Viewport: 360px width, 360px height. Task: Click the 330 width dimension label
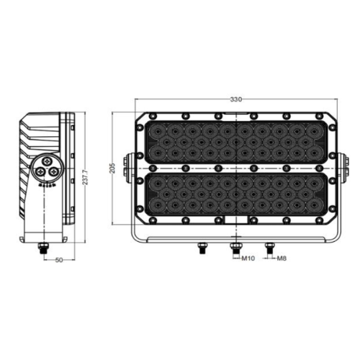236,99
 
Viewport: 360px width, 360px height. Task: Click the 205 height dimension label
112,168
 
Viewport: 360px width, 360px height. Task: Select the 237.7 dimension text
86,177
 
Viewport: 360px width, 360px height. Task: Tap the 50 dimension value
59,260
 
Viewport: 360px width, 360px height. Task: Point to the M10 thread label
248,258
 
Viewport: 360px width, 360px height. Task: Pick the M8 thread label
282,258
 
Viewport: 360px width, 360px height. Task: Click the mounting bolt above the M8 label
270,248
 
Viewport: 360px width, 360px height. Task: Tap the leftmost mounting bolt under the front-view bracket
202,248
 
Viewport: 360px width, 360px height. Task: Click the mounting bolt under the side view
44,248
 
